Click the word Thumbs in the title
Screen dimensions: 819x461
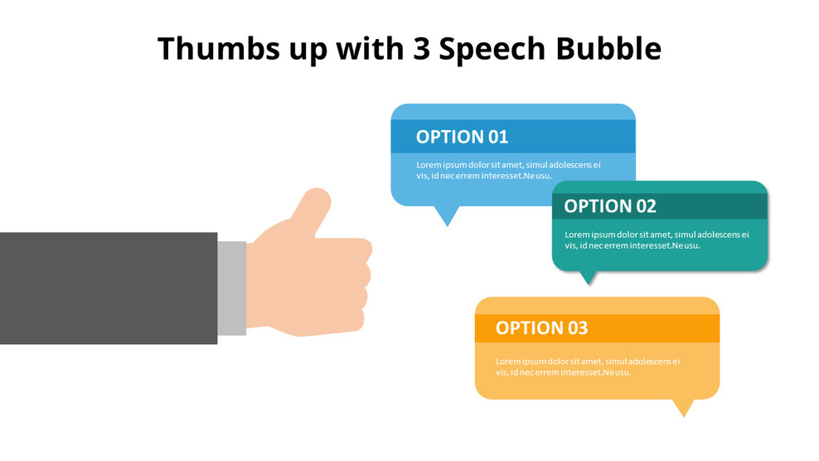(x=218, y=49)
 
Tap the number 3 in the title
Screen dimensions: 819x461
(x=421, y=49)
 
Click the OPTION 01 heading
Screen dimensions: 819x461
(x=462, y=137)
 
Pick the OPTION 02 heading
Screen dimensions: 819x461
(x=610, y=206)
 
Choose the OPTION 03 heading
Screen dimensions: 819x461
(x=541, y=328)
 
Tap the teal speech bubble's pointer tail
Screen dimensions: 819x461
(x=588, y=278)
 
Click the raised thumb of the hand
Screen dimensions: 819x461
(x=312, y=210)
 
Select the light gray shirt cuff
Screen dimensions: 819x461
(x=232, y=288)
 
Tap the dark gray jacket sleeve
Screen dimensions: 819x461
(x=109, y=288)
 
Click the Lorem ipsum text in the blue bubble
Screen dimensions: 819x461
(x=508, y=171)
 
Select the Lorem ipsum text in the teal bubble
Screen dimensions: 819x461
(x=657, y=240)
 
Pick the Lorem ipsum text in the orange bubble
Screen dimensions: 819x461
(x=588, y=367)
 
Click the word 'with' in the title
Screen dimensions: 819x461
(x=371, y=49)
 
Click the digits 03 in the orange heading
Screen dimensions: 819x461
(x=577, y=328)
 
